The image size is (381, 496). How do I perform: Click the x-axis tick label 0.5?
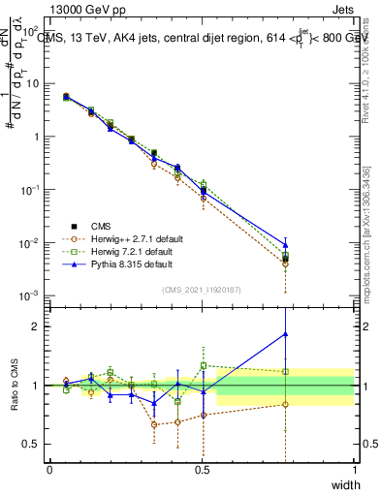[x=202, y=470]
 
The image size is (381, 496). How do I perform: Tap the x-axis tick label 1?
[x=354, y=470]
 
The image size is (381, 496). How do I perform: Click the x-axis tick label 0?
[x=49, y=470]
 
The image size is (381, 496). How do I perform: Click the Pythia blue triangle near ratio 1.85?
[x=285, y=334]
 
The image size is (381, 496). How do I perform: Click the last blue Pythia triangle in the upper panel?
[x=285, y=244]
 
